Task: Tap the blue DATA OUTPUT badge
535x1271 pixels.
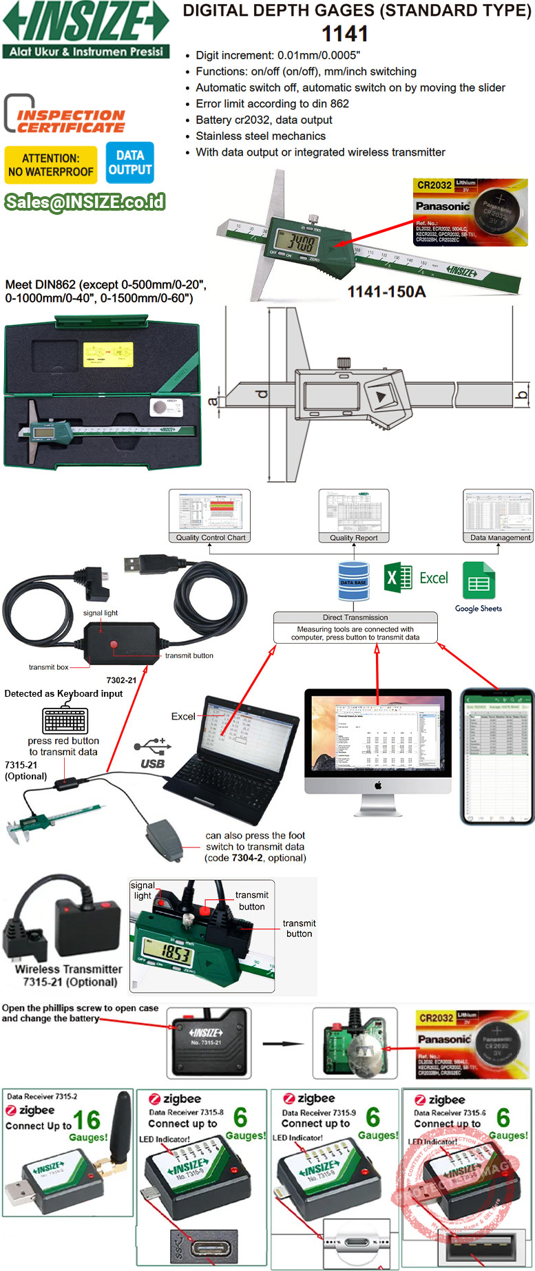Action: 129,163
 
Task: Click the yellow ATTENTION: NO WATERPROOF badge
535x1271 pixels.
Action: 51,165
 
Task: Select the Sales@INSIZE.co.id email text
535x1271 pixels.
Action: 85,201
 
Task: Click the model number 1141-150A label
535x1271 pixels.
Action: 386,292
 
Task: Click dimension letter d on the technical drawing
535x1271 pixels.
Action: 261,394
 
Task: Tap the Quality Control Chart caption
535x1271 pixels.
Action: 210,538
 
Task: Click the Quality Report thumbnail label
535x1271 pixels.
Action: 353,538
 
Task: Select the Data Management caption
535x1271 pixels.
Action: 500,538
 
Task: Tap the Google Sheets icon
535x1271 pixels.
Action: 479,580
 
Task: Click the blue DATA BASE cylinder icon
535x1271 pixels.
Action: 353,582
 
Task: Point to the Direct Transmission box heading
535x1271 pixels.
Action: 355,618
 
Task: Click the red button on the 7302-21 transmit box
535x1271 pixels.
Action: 114,644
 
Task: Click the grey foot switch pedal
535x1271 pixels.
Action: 163,838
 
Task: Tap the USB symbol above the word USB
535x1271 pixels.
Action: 152,746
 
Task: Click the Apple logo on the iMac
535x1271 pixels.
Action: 377,785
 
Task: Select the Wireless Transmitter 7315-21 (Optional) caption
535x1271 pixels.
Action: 69,975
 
